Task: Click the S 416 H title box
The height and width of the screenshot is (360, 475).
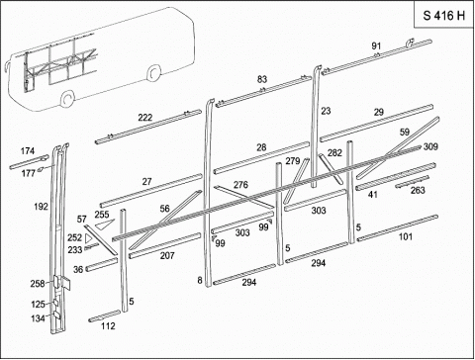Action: (x=443, y=15)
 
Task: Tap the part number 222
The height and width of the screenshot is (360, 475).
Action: (x=145, y=118)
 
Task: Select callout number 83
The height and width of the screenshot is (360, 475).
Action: (x=262, y=79)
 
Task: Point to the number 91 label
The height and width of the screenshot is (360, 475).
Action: (x=376, y=46)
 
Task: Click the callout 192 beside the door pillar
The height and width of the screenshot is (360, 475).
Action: (x=41, y=207)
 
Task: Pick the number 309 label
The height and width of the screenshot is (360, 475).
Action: (x=430, y=146)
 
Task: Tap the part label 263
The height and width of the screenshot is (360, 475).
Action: (x=418, y=190)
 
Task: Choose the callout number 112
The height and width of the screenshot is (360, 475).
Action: (x=108, y=326)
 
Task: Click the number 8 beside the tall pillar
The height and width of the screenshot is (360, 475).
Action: (x=200, y=280)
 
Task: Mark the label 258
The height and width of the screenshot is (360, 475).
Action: (x=38, y=284)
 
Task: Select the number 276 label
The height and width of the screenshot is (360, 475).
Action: (x=240, y=185)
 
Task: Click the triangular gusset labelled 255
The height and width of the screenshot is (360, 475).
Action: (x=105, y=224)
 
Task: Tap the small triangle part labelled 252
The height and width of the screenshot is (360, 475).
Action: (x=88, y=238)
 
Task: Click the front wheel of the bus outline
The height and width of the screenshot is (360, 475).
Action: (x=68, y=98)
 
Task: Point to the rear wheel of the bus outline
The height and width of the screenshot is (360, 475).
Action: (x=153, y=72)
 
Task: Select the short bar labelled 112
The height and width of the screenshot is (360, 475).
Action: (x=105, y=315)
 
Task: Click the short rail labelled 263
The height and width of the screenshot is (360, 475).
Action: (x=413, y=182)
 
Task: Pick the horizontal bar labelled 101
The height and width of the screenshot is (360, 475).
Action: (x=398, y=227)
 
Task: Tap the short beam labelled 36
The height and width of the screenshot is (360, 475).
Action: (x=102, y=264)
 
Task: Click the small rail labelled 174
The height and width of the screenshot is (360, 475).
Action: (x=29, y=162)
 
